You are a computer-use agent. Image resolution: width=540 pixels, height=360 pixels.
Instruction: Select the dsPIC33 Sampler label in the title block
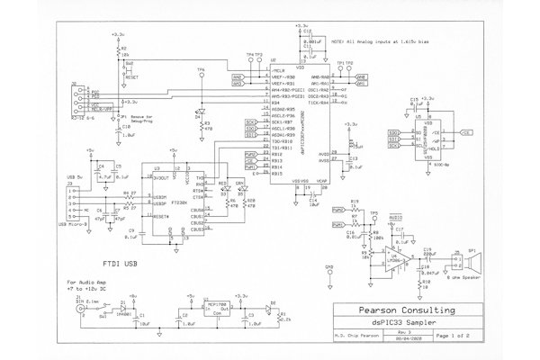tap(405, 322)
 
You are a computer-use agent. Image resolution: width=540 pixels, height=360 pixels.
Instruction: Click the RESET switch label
tap(130, 77)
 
